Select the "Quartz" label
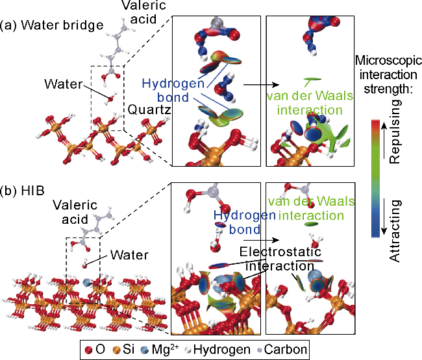(x=149, y=110)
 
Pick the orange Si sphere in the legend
(x=118, y=350)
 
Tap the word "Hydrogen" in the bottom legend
(x=225, y=350)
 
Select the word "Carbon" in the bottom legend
(x=288, y=350)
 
